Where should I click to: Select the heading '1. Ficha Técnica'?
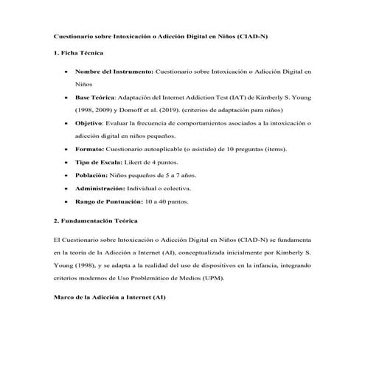click(79, 53)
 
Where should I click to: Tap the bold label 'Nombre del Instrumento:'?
click(114, 72)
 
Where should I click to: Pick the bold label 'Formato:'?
click(91, 149)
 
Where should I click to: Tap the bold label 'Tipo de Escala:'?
click(101, 162)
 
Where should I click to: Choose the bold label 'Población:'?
click(95, 175)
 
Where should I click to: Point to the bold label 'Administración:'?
click(105, 189)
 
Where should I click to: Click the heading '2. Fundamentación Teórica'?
click(96, 221)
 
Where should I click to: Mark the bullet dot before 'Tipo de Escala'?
click(67, 163)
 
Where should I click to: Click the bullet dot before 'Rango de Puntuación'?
click(67, 202)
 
